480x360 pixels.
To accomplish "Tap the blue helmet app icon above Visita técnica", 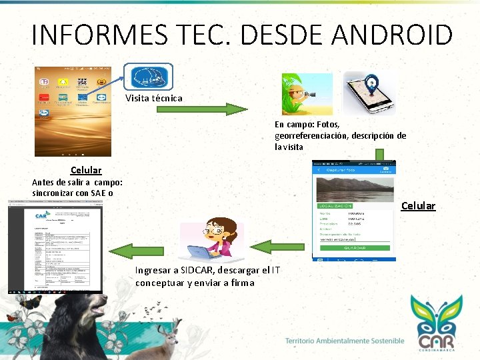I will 149,78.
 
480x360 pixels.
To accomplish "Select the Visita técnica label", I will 153,99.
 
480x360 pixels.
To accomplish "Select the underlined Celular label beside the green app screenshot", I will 418,206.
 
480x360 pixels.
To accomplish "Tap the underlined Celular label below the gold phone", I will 86,171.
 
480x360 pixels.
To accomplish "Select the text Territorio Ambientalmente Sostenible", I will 345,341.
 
